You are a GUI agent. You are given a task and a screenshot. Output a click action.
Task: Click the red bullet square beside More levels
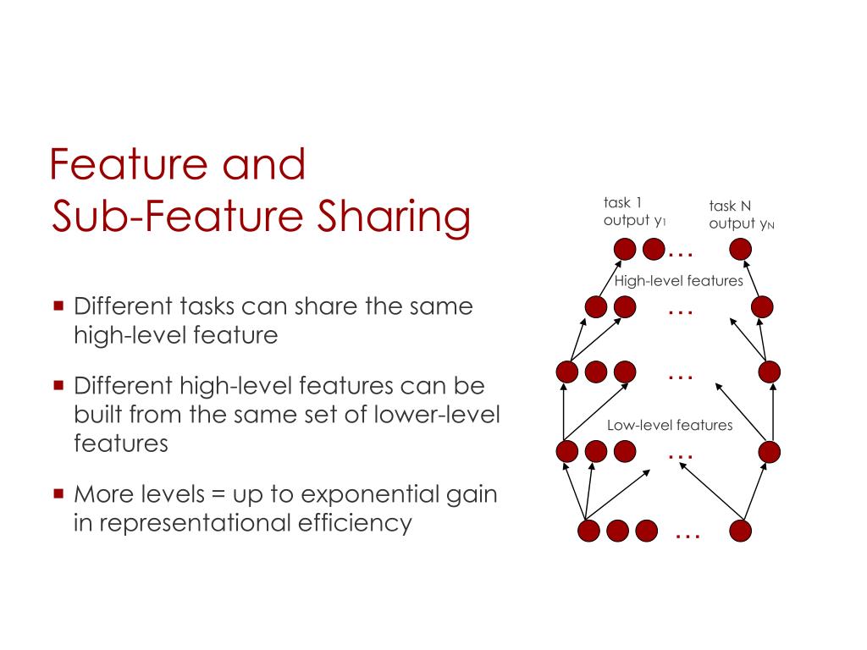(58, 492)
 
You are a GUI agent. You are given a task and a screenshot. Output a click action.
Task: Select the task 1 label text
(622, 202)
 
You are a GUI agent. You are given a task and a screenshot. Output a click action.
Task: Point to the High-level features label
(679, 281)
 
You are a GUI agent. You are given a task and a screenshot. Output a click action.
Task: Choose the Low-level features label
(670, 426)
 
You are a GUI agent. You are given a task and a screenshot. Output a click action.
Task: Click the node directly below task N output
(741, 249)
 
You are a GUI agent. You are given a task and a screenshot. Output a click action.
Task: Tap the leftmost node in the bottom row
(589, 531)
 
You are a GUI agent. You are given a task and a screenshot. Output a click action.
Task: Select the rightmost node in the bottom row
(741, 531)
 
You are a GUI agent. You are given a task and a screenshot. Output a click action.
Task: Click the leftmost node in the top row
(624, 249)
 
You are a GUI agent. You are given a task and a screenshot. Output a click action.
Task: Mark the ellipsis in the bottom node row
(688, 536)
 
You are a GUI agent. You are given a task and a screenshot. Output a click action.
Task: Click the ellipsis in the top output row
(681, 252)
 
